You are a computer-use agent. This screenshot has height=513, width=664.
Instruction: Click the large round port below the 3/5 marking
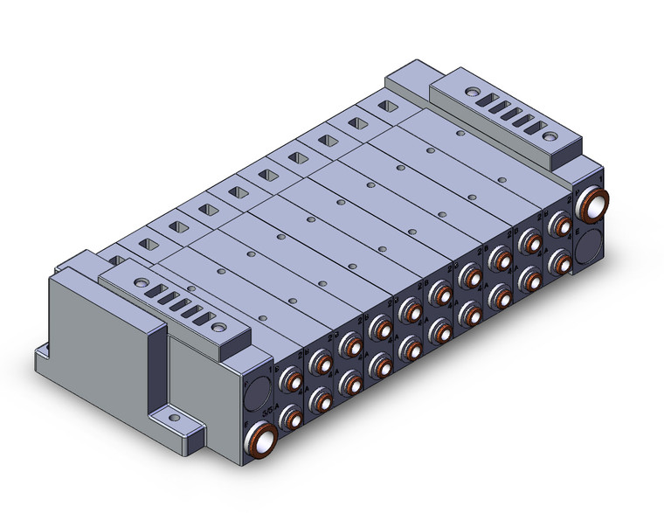(260, 434)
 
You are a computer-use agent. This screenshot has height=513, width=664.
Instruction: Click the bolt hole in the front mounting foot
(184, 424)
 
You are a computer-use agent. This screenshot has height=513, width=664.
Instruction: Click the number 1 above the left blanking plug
(250, 376)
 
